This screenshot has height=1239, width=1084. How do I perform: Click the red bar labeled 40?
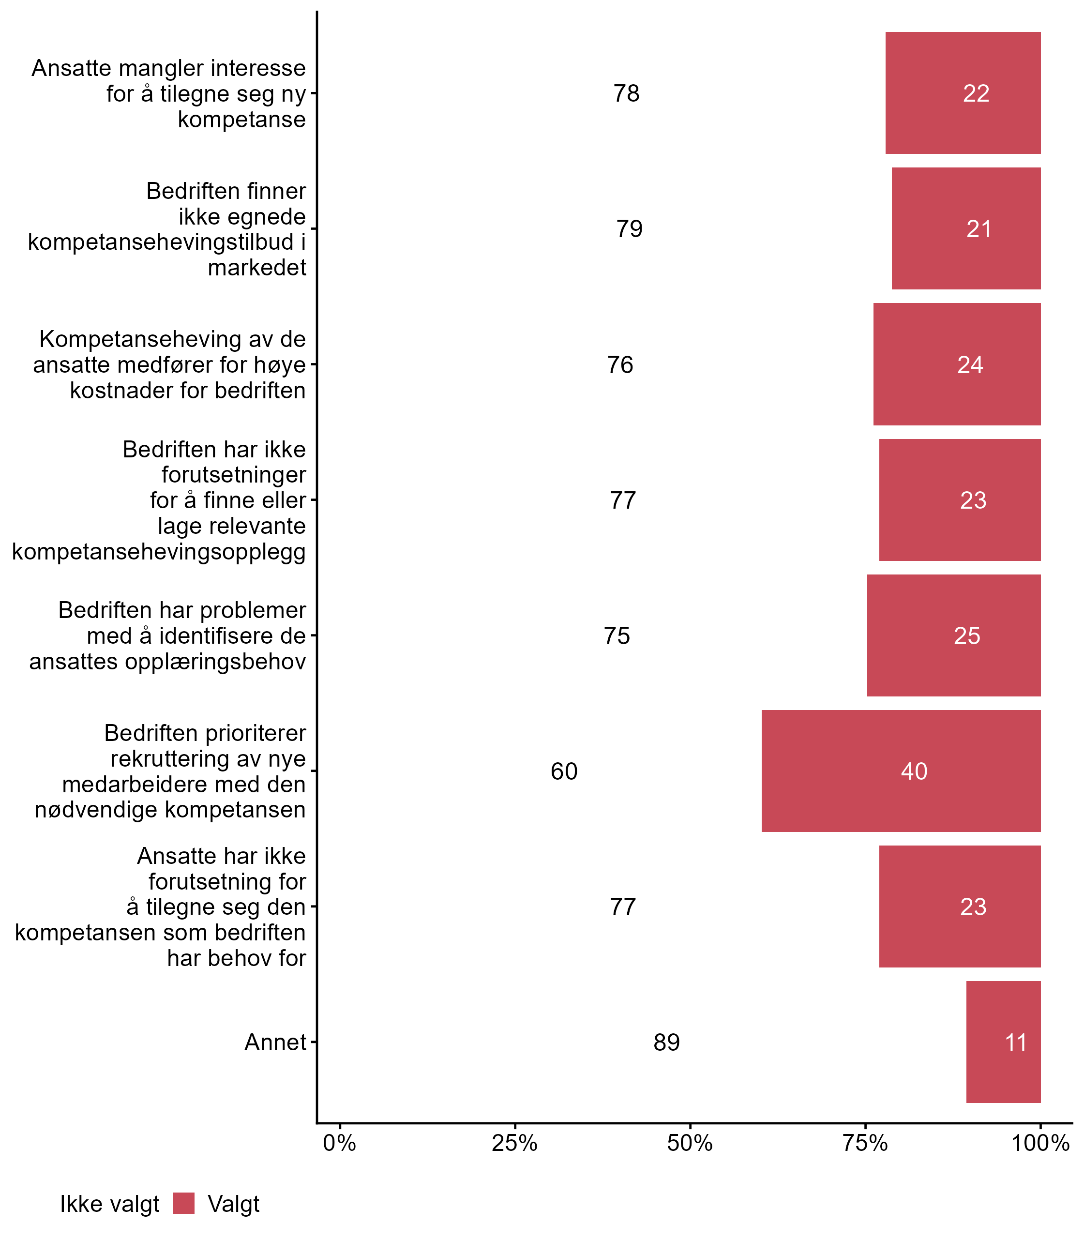coord(901,771)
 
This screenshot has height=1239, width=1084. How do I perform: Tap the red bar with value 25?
coord(953,635)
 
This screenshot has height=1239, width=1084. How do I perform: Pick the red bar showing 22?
coord(963,93)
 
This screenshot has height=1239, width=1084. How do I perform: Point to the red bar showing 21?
coord(965,228)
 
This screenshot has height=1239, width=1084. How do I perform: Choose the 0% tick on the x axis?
coord(339,1143)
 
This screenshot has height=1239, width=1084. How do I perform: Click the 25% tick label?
coord(514,1143)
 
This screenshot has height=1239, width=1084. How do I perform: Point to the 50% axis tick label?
coord(690,1143)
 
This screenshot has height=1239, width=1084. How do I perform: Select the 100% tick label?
coord(1040,1143)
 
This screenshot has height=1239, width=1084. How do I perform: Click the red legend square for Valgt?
coord(183,1203)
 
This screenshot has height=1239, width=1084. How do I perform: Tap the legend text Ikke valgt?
coord(109,1204)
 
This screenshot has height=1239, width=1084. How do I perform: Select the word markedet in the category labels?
coord(257,267)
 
